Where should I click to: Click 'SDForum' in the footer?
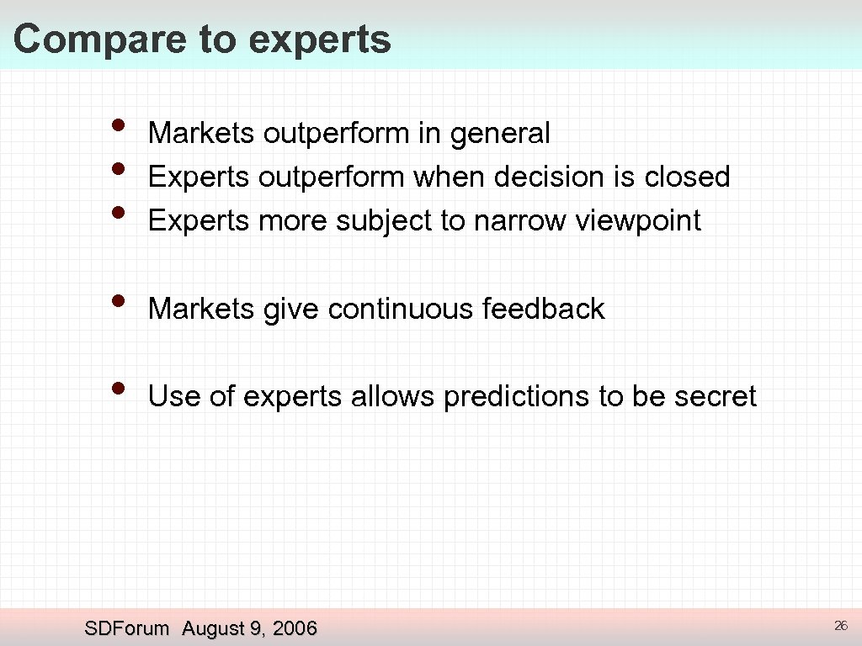tap(127, 628)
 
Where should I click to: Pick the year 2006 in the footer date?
tap(295, 628)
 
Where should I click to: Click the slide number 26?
tap(839, 625)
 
